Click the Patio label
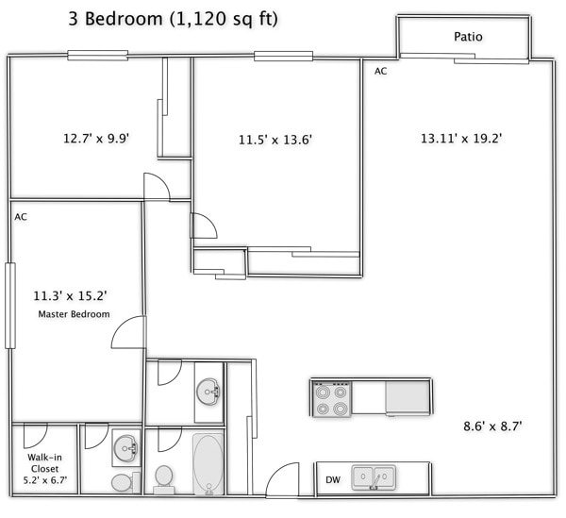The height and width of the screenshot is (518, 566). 468,37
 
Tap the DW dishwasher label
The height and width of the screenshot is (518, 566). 333,479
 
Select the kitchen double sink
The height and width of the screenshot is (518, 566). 374,477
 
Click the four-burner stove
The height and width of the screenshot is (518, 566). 332,398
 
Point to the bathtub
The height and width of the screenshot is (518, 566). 208,464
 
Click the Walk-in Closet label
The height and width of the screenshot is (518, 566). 44,463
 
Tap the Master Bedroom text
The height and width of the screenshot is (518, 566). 74,314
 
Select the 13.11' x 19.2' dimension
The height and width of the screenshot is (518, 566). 461,139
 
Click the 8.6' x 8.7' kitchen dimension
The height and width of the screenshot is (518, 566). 492,426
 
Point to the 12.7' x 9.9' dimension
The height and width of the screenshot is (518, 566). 96,139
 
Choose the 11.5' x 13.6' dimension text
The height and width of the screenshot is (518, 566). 275,140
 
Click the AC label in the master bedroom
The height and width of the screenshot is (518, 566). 21,217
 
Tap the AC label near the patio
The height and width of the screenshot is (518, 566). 380,71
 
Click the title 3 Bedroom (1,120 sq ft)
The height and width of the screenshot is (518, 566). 174,19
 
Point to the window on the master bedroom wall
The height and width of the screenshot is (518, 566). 10,306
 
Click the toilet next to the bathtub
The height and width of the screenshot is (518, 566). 163,479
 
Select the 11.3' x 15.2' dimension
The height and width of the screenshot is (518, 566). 70,296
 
